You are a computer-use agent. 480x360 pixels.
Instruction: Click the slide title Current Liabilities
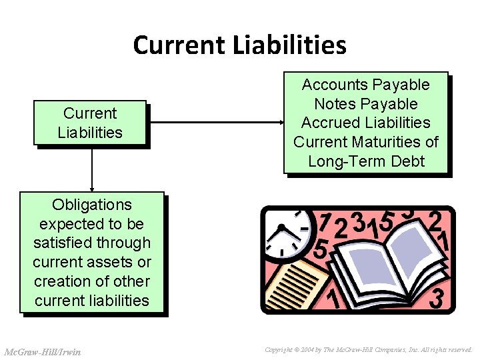[239, 45]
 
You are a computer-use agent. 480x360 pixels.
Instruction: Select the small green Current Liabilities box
[90, 123]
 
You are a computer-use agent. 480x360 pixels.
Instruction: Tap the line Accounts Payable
[365, 85]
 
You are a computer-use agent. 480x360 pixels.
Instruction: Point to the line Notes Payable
[365, 104]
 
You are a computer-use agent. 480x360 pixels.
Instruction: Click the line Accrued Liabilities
[365, 123]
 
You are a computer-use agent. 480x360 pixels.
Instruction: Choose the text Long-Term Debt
[366, 161]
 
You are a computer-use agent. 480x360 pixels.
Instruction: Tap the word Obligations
[92, 205]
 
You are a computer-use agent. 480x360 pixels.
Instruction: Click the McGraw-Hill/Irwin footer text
[42, 351]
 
